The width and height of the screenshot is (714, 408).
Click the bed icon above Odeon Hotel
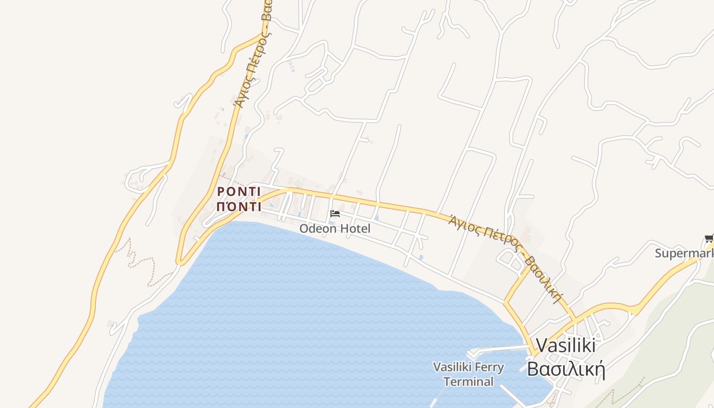335,213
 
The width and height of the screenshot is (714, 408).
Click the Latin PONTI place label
239,192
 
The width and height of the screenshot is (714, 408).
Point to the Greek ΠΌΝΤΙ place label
239,207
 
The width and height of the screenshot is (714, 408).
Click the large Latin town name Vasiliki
565,345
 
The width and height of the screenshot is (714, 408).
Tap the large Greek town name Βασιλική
566,368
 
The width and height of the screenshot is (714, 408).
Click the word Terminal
468,381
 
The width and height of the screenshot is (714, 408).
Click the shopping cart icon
709,238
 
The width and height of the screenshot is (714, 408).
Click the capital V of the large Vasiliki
541,345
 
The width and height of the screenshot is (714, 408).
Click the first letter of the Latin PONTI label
221,192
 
